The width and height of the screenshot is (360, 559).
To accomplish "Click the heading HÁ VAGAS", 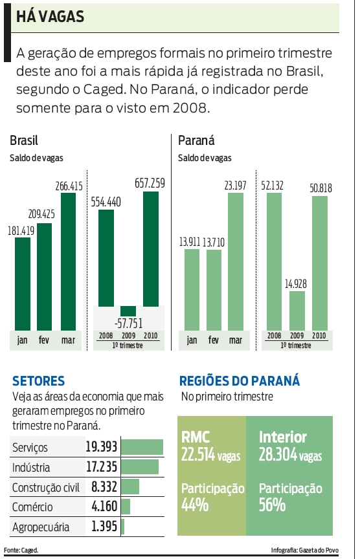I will point(51,17).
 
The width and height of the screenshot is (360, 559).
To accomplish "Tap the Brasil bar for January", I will point(23,285).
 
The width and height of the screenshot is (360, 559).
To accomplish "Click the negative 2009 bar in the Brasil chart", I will point(128,311).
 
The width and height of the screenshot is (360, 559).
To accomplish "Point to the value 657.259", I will point(150,183).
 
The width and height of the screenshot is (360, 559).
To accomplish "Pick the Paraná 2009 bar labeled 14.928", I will point(297,311).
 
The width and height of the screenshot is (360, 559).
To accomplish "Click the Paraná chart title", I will point(197,140).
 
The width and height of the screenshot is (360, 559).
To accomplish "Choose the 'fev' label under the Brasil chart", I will point(45,340).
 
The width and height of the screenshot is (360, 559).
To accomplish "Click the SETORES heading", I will point(39,381).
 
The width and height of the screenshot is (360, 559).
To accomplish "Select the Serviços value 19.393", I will point(100,447).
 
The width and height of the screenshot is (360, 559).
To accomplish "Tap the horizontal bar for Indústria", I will point(139,467).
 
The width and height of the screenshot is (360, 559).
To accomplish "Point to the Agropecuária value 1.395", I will point(104,527).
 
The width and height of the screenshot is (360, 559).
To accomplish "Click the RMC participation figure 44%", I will point(195,505).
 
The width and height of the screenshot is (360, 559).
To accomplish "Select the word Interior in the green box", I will point(283,437).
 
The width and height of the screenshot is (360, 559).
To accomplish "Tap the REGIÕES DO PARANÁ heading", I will point(239,381).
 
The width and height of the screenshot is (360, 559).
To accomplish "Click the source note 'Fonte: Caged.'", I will point(21,550).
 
